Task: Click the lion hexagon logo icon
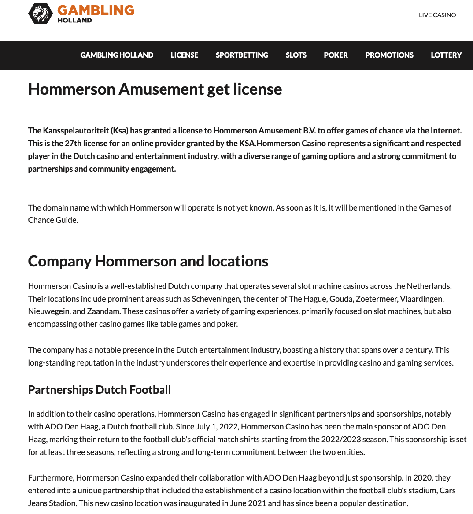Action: (x=41, y=14)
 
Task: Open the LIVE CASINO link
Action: (x=437, y=15)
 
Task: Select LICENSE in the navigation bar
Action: (x=184, y=55)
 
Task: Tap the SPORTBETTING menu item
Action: (x=242, y=55)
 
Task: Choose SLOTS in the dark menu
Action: (x=296, y=55)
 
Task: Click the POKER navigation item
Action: (x=336, y=55)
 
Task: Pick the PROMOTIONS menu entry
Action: (x=389, y=55)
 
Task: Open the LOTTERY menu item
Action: (x=446, y=55)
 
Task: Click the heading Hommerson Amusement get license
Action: (x=155, y=89)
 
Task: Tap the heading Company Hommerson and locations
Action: (x=148, y=261)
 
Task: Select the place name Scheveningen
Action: (x=216, y=299)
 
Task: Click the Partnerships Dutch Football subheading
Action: (x=99, y=390)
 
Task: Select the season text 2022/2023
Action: (x=340, y=440)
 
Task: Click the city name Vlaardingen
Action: (x=421, y=299)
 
